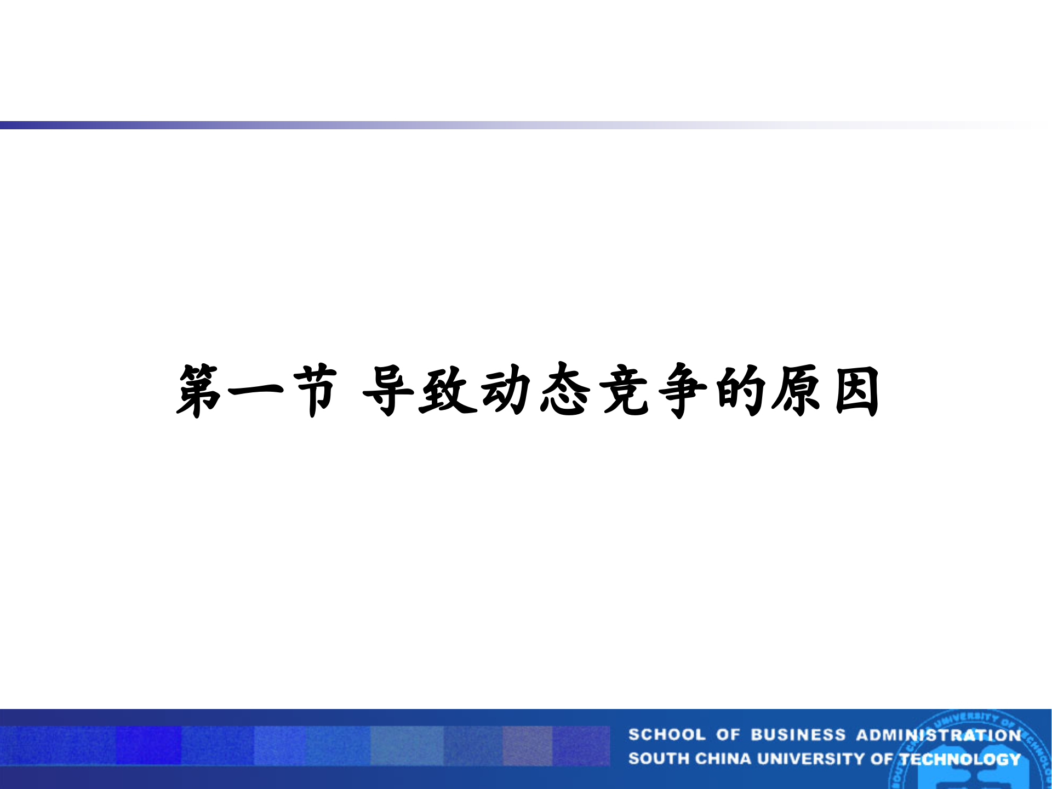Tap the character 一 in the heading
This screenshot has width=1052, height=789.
pyautogui.click(x=255, y=391)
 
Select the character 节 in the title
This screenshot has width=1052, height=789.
pyautogui.click(x=314, y=391)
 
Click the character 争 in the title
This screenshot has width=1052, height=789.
pyautogui.click(x=683, y=391)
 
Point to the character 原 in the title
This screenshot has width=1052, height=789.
pyautogui.click(x=798, y=391)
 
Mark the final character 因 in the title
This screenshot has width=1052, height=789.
pyautogui.click(x=857, y=391)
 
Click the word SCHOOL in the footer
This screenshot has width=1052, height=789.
pyautogui.click(x=666, y=735)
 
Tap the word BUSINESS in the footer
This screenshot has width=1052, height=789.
pyautogui.click(x=798, y=735)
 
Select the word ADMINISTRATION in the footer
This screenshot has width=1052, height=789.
pyautogui.click(x=939, y=735)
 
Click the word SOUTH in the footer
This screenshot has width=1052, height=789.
pyautogui.click(x=659, y=759)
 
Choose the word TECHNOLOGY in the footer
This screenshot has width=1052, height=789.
pyautogui.click(x=960, y=759)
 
